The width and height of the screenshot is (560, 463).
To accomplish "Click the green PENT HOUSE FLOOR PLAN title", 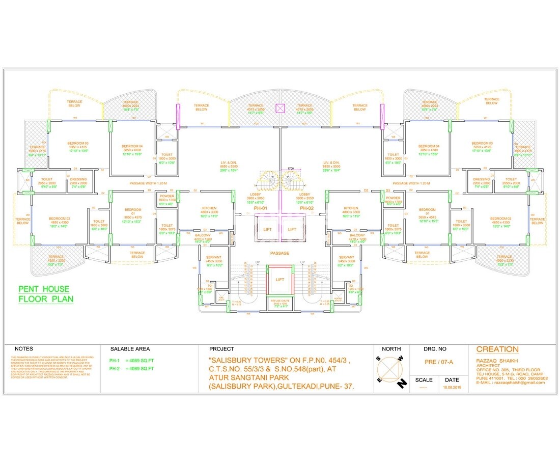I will [46, 294].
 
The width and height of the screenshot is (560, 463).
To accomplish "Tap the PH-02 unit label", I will [306, 208].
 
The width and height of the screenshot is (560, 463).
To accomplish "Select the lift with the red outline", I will [280, 280].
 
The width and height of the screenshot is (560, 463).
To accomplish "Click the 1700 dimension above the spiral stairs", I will [290, 169].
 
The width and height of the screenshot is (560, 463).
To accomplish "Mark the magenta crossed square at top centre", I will [280, 108].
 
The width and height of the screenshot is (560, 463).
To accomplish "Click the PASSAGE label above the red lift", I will [279, 253].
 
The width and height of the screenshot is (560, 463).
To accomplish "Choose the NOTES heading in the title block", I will [24, 349].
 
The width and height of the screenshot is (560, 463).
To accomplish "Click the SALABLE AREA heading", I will [130, 349].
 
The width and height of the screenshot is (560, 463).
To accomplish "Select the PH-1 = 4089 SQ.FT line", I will [131, 361].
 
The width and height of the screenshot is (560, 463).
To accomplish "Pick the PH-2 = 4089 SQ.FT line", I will [131, 368].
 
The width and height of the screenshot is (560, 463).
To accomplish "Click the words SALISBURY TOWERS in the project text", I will [249, 361].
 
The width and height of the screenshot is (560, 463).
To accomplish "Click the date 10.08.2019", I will [452, 388].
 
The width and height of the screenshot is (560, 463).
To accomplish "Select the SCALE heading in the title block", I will [424, 380].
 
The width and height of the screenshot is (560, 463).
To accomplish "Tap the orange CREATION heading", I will [497, 349].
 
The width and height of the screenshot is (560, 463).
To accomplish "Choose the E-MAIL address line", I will [510, 383].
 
